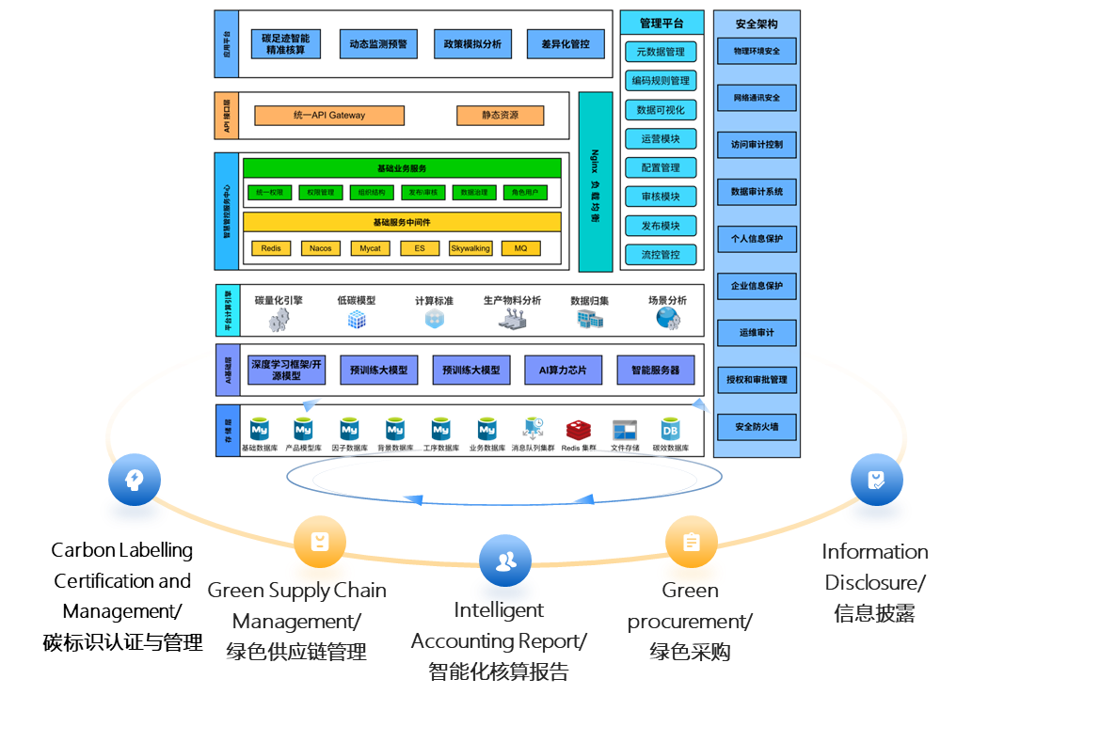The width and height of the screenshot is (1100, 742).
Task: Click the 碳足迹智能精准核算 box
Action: [286, 44]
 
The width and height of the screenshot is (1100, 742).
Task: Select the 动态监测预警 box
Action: [378, 44]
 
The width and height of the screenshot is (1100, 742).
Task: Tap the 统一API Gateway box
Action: [329, 116]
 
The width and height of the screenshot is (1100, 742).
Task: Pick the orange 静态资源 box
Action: [501, 116]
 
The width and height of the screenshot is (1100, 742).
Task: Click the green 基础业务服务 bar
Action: [402, 168]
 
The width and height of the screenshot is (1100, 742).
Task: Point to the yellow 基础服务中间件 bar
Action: [402, 222]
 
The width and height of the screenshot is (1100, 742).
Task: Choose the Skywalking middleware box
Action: [470, 248]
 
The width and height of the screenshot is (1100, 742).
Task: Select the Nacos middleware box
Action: [321, 248]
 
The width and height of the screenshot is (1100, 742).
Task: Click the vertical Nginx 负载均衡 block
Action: [596, 182]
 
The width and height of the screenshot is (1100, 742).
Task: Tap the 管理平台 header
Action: [662, 24]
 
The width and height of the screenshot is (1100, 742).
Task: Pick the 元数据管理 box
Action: [661, 52]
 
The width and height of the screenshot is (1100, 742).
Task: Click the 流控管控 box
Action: [661, 255]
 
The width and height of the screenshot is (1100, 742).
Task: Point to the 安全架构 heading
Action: [757, 24]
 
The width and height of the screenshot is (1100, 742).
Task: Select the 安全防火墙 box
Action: [757, 427]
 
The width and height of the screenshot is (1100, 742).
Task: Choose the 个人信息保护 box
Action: [757, 239]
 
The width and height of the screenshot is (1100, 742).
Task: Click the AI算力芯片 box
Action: [563, 370]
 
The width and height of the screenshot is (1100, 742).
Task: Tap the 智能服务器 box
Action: [655, 370]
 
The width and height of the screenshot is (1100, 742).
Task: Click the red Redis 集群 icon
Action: [578, 430]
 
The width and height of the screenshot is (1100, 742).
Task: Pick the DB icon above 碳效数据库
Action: [670, 430]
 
